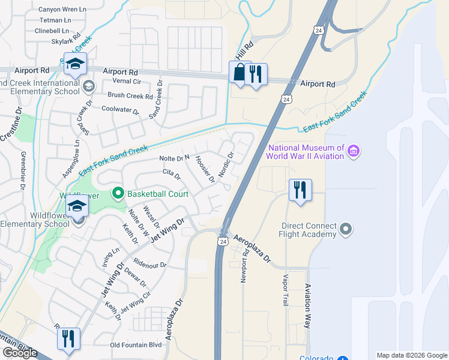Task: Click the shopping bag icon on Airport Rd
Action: pyautogui.click(x=240, y=73)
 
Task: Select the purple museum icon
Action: pyautogui.click(x=354, y=152)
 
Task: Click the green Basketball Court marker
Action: pyautogui.click(x=118, y=193)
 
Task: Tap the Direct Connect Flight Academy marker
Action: pyautogui.click(x=345, y=229)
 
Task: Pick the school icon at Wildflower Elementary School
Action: pyautogui.click(x=77, y=207)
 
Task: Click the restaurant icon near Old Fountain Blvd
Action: pyautogui.click(x=68, y=338)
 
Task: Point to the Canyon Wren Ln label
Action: pyautogui.click(x=62, y=10)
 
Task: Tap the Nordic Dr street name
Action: pyautogui.click(x=225, y=161)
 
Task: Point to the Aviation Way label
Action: pyautogui.click(x=308, y=305)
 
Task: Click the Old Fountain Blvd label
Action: pyautogui.click(x=136, y=345)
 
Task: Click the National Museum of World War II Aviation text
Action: pyautogui.click(x=306, y=152)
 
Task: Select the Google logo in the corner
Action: pyautogui.click(x=20, y=353)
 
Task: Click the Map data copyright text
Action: pyautogui.click(x=412, y=355)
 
